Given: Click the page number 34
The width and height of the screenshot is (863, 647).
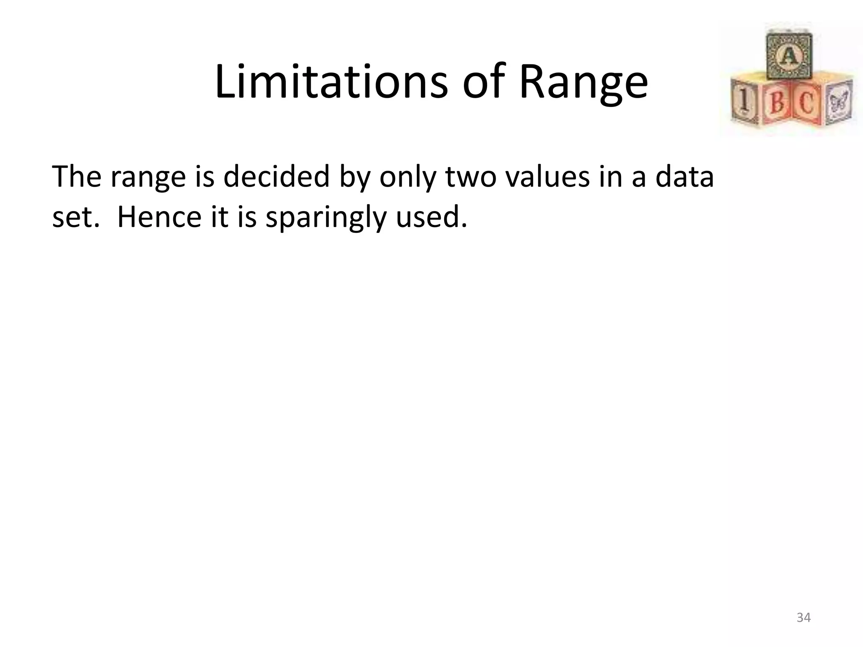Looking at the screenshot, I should point(803,617).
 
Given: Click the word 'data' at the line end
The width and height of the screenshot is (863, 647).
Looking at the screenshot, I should point(684,177).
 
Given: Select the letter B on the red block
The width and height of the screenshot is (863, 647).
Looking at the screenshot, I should point(776,103).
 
